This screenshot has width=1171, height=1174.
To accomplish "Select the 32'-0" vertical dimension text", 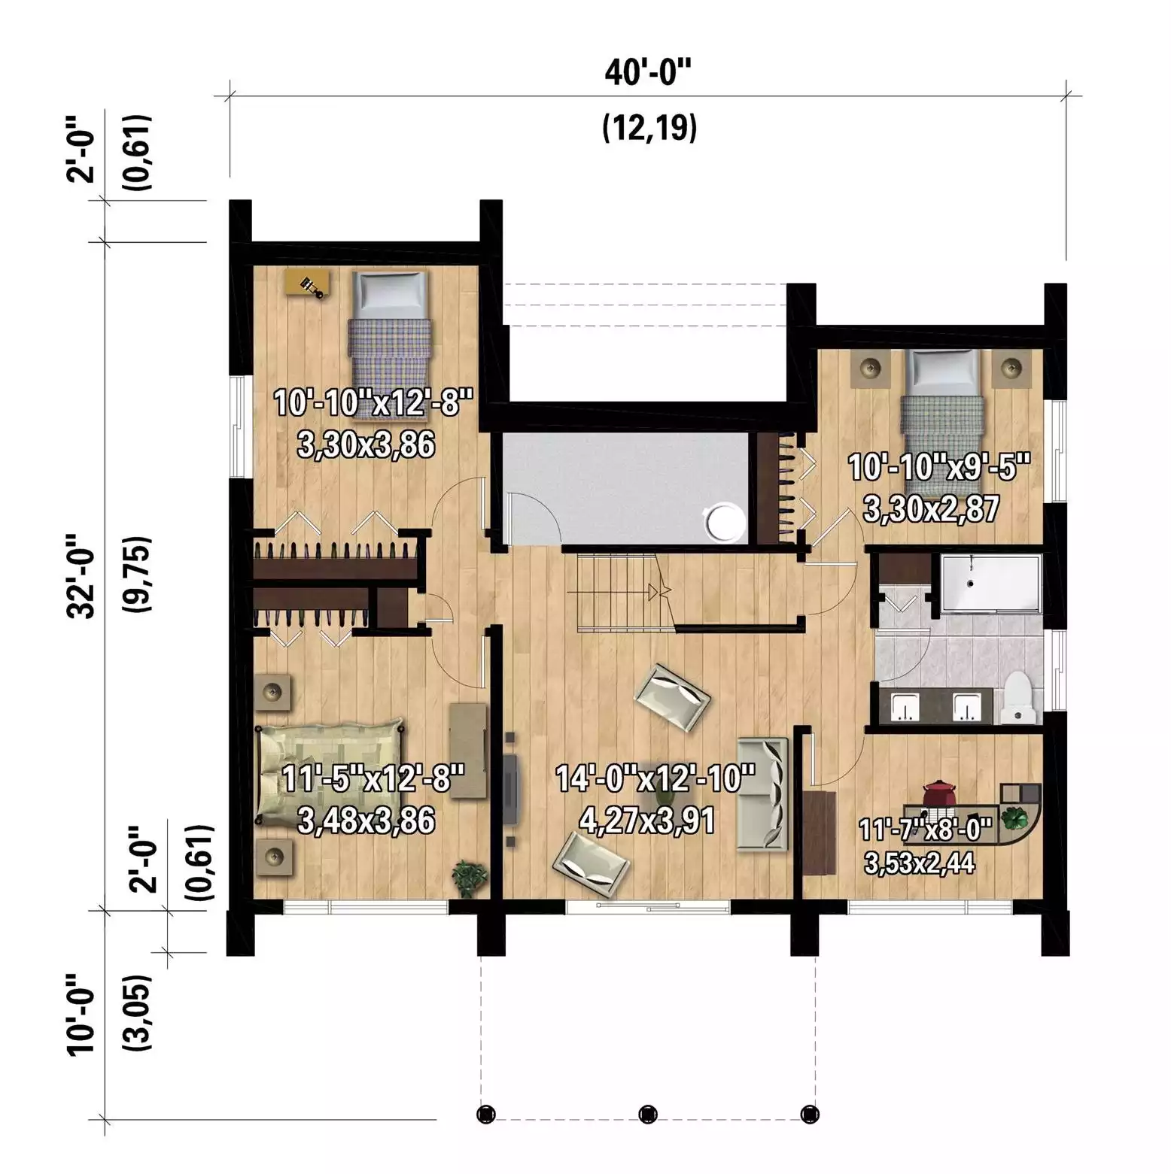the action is (x=81, y=576).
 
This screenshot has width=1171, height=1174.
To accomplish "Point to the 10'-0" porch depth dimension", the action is (x=81, y=1015).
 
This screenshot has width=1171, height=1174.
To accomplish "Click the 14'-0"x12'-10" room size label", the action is (x=655, y=778).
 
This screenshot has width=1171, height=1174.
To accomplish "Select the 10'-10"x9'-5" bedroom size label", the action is (x=938, y=467).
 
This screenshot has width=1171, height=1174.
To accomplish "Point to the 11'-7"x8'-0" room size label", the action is (x=926, y=830).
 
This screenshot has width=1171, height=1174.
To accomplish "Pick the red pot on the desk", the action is (x=940, y=793).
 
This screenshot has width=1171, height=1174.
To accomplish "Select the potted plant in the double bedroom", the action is (x=470, y=878).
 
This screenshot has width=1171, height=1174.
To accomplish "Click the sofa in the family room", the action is (x=762, y=794).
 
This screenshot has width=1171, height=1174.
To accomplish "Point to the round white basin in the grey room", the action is (x=721, y=521).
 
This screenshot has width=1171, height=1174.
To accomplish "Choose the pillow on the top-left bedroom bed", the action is (x=390, y=296).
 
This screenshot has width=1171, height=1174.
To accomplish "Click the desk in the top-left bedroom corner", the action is (x=308, y=284).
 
